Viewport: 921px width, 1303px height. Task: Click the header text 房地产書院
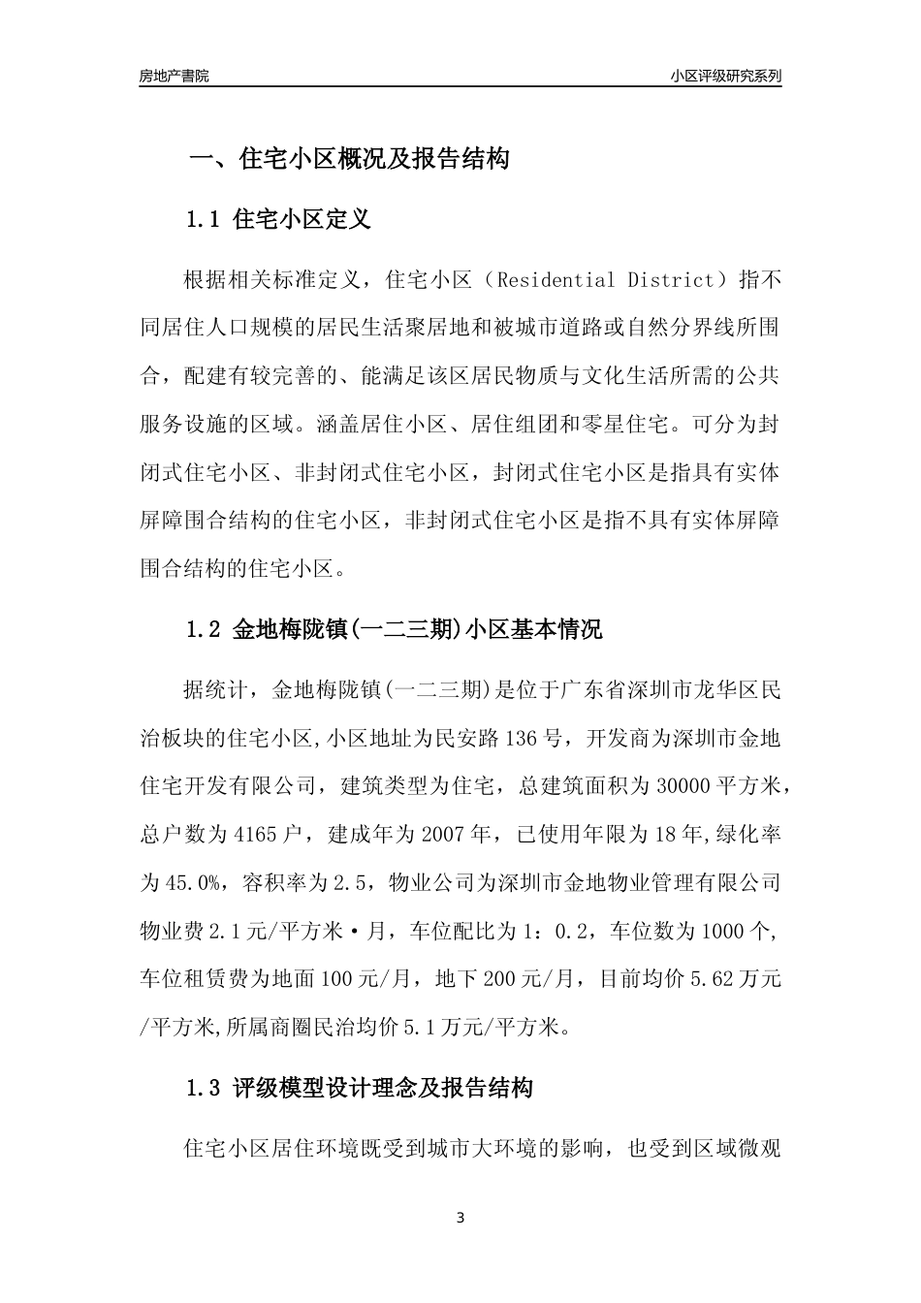point(175,76)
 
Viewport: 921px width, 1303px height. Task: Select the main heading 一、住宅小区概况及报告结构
point(348,159)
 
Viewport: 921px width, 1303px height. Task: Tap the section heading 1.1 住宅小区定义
point(278,219)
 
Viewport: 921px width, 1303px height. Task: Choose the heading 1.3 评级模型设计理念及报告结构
point(360,1088)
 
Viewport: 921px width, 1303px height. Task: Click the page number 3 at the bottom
point(460,1218)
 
